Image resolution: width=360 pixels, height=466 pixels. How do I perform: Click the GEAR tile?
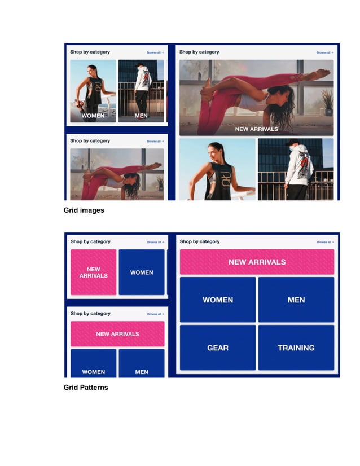217,348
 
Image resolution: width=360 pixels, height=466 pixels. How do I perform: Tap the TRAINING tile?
296,348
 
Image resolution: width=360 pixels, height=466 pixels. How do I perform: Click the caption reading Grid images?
84,210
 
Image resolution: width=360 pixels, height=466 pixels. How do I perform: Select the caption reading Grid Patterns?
85,388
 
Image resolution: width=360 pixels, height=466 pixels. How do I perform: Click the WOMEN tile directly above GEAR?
217,300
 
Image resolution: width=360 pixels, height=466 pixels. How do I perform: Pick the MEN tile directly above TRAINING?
296,300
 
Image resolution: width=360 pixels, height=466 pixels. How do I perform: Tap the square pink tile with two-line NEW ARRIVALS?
93,272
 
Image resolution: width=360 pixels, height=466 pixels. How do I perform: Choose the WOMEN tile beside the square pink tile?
142,272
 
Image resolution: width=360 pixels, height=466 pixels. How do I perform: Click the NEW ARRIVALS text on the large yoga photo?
256,129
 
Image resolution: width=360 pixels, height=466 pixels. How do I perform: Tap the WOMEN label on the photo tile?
93,116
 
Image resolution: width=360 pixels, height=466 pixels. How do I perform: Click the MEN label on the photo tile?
141,116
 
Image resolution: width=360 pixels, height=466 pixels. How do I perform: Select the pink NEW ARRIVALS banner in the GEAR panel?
257,262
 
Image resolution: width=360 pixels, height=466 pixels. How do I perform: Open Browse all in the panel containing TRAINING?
324,242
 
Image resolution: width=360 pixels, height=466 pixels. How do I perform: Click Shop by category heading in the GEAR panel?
199,241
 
